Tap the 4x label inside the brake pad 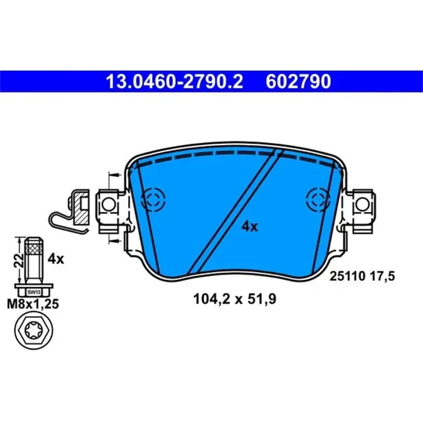[x=250, y=227]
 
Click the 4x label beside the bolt [x=56, y=259]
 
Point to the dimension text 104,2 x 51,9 [x=230, y=297]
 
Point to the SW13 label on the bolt [x=32, y=291]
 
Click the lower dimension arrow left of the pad [x=111, y=240]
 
